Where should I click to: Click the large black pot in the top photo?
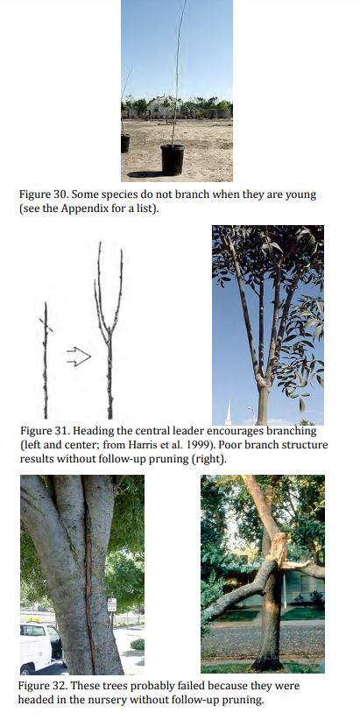(x=172, y=160)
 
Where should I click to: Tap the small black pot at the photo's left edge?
(x=125, y=144)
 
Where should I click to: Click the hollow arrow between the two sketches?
(x=79, y=357)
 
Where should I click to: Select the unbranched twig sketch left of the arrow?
(x=46, y=361)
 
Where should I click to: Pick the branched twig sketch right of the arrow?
(x=109, y=330)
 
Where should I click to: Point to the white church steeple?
(x=229, y=413)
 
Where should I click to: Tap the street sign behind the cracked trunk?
(x=112, y=604)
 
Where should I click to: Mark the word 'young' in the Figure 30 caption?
(x=301, y=195)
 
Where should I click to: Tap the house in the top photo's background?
(x=160, y=107)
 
